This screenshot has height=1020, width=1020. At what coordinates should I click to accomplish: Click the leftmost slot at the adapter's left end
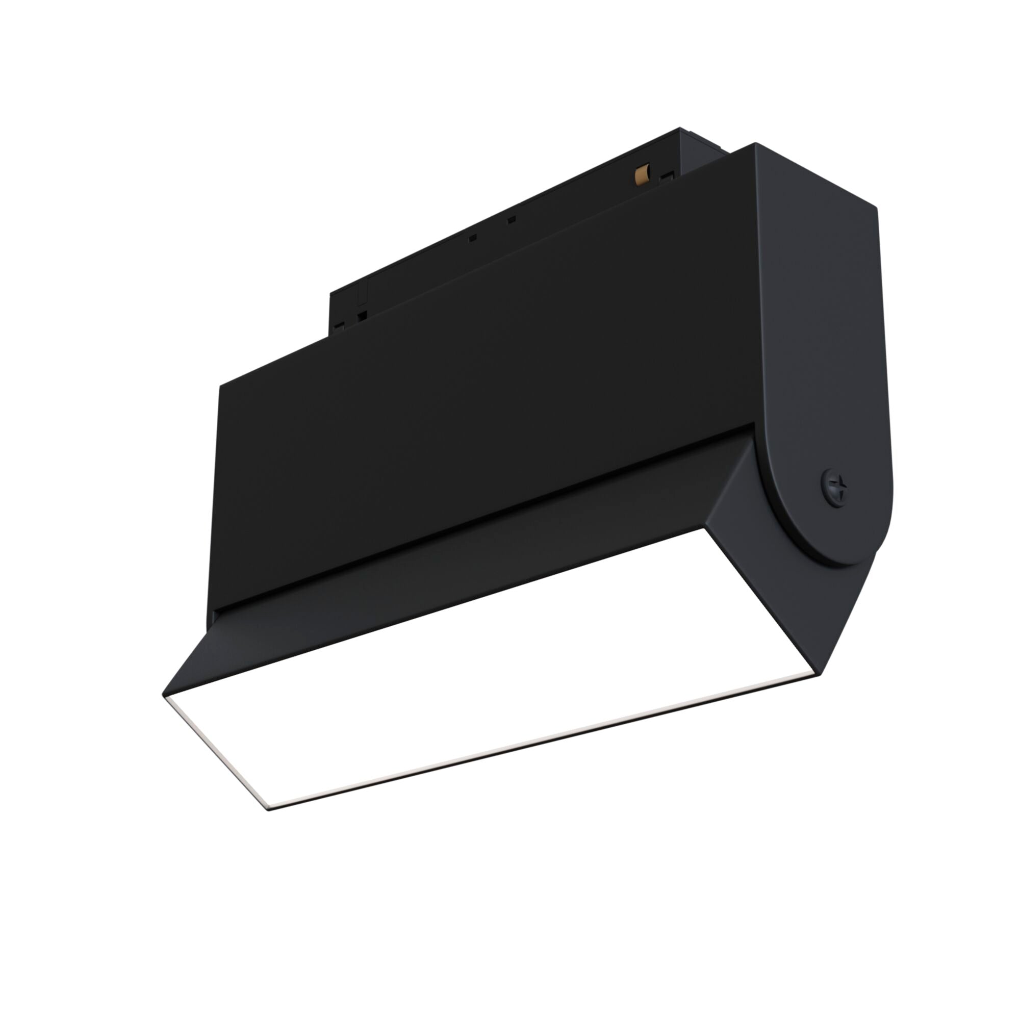tap(339, 326)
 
